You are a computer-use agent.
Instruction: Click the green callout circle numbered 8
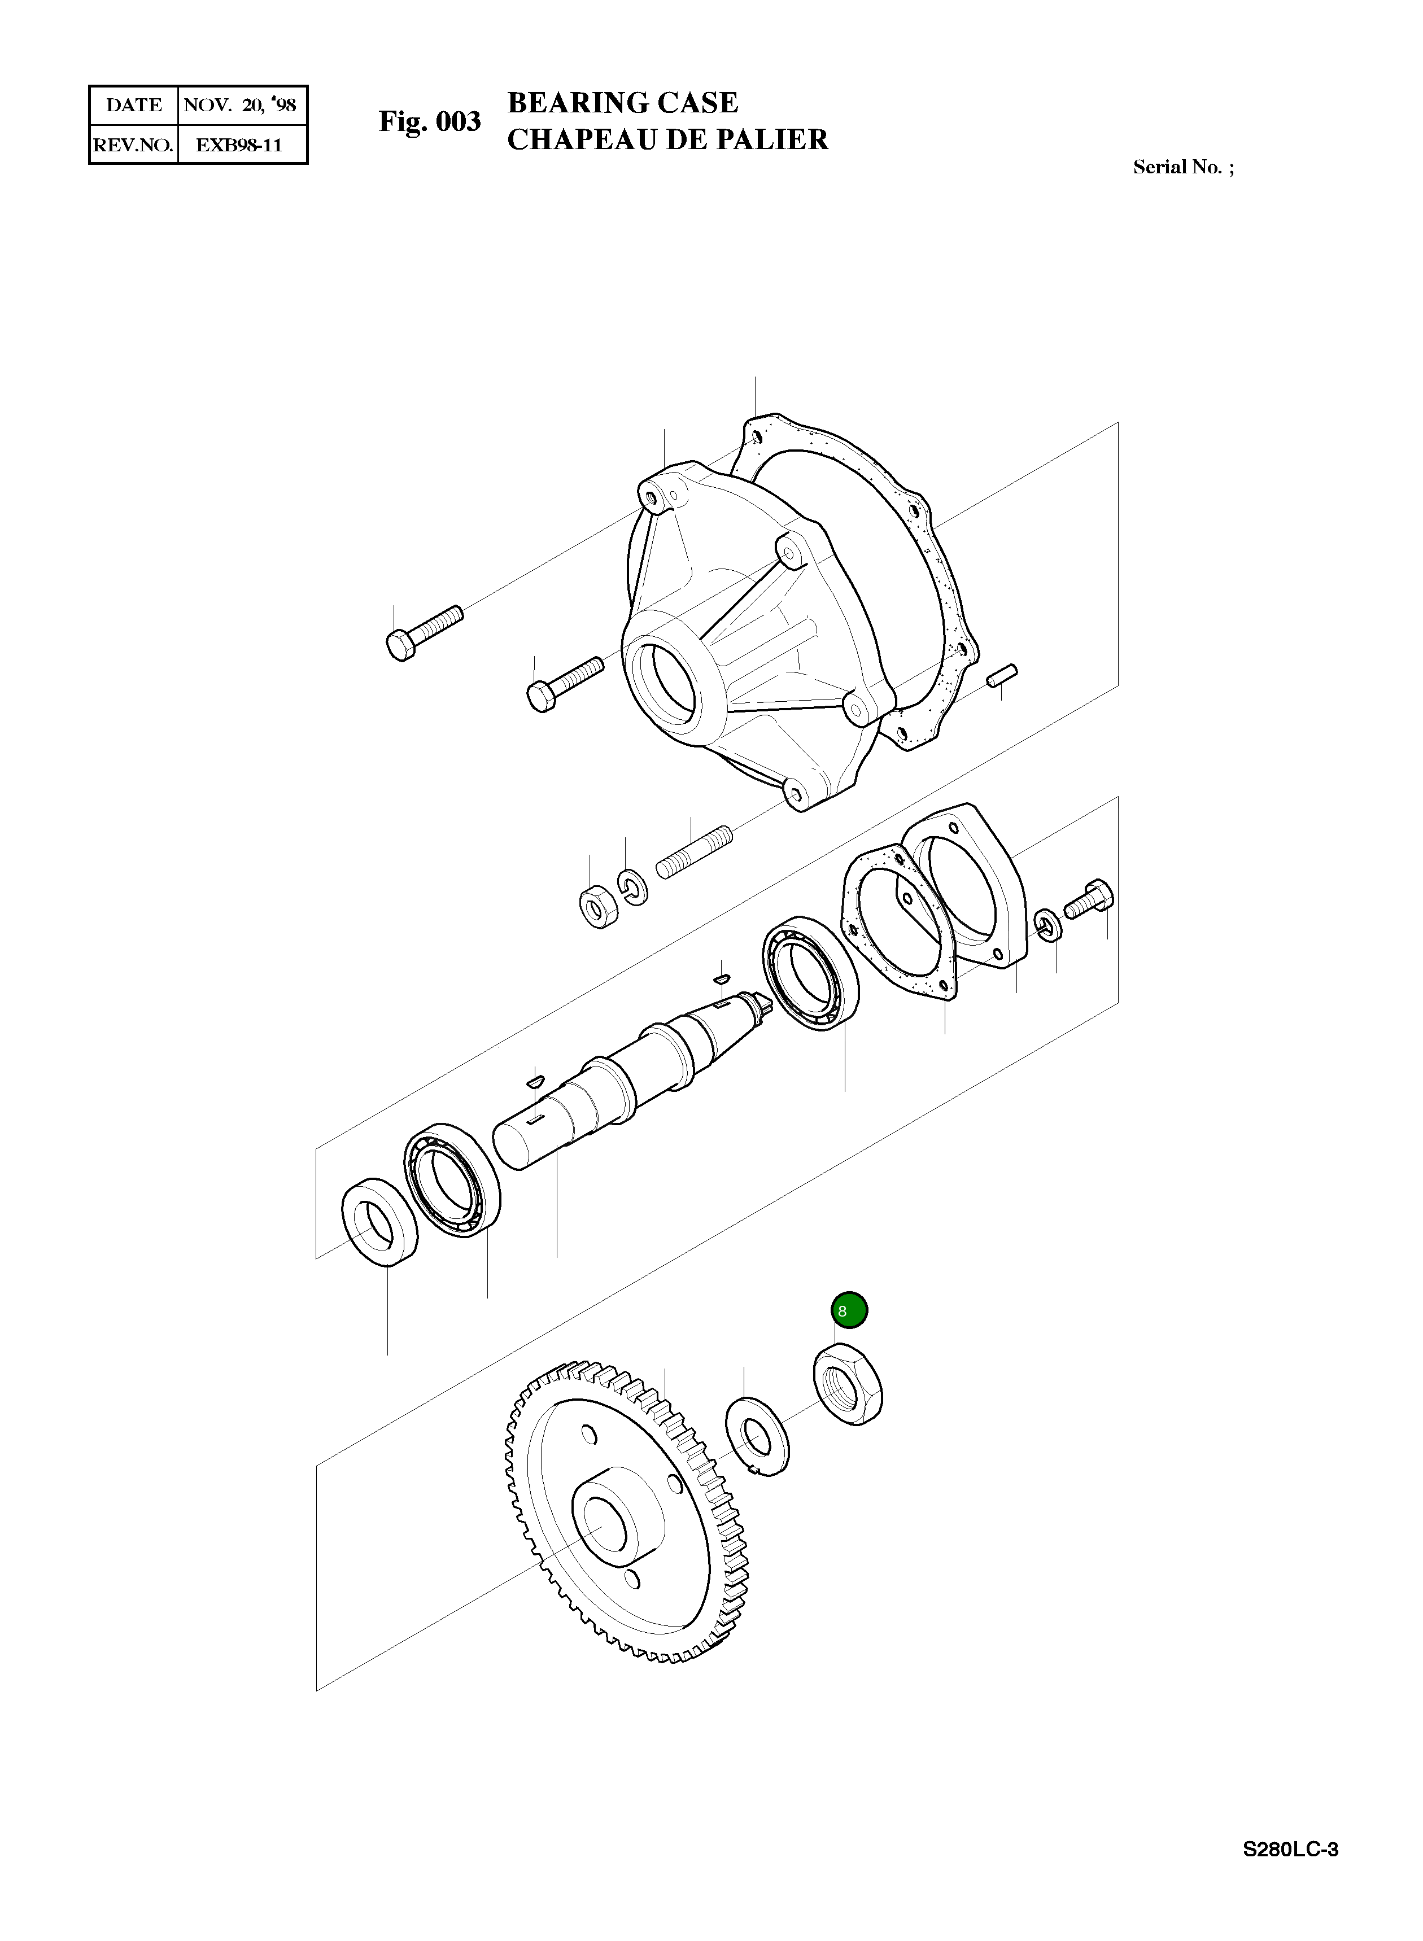(x=849, y=1310)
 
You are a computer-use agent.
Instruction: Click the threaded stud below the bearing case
(x=694, y=852)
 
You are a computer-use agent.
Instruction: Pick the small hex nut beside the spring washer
(x=596, y=907)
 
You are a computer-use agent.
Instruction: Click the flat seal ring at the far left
(x=380, y=1220)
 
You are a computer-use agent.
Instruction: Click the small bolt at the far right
(x=1090, y=898)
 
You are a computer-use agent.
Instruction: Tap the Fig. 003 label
(x=430, y=121)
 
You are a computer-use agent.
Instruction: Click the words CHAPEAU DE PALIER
(x=667, y=139)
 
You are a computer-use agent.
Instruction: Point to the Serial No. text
(x=1182, y=167)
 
